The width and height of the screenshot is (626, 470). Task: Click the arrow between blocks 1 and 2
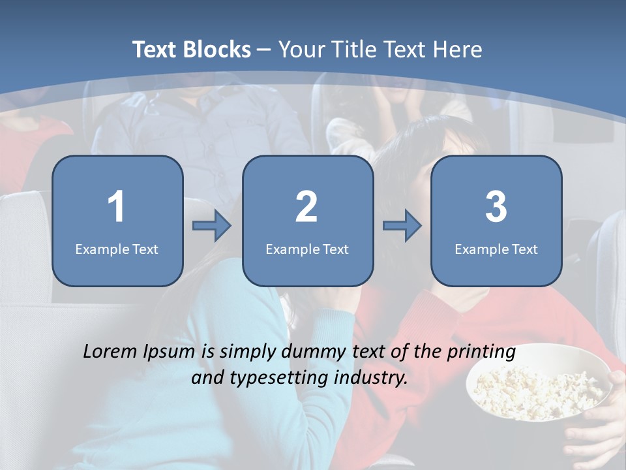212,226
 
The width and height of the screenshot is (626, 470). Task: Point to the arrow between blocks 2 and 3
402,226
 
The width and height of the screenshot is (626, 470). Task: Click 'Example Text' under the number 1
117,249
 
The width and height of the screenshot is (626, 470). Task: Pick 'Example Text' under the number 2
307,249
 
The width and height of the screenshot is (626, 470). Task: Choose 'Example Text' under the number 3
496,249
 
